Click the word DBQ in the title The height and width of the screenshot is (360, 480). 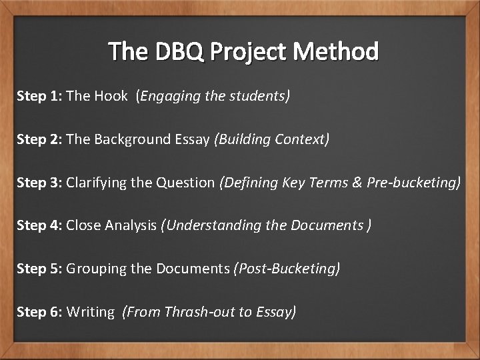click(x=176, y=51)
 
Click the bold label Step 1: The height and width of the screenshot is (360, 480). click(x=39, y=96)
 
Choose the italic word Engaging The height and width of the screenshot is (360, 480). click(x=170, y=97)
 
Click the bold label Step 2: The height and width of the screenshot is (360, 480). click(x=39, y=139)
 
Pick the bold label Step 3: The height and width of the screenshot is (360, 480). click(x=39, y=183)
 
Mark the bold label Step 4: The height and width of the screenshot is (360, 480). click(x=39, y=225)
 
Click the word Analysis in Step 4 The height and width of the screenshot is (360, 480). click(x=132, y=226)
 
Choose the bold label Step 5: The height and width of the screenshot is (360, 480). click(x=39, y=269)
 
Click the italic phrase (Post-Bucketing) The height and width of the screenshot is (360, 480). click(x=287, y=269)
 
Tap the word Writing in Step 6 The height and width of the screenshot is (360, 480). click(x=91, y=312)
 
